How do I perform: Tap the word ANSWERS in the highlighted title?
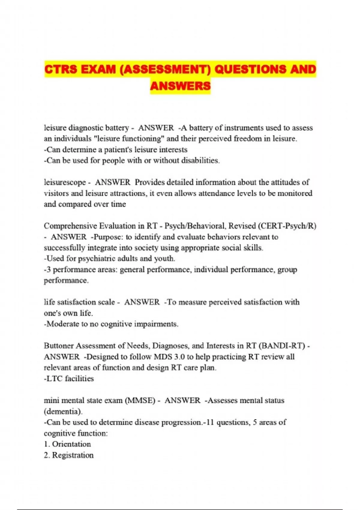pyautogui.click(x=180, y=86)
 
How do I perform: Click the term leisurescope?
pyautogui.click(x=65, y=182)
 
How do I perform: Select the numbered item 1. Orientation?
pyautogui.click(x=67, y=444)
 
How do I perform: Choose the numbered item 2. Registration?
pyautogui.click(x=69, y=455)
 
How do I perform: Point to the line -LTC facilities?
pyautogui.click(x=69, y=379)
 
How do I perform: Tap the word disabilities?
pyautogui.click(x=200, y=160)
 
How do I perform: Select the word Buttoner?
pyautogui.click(x=58, y=346)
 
